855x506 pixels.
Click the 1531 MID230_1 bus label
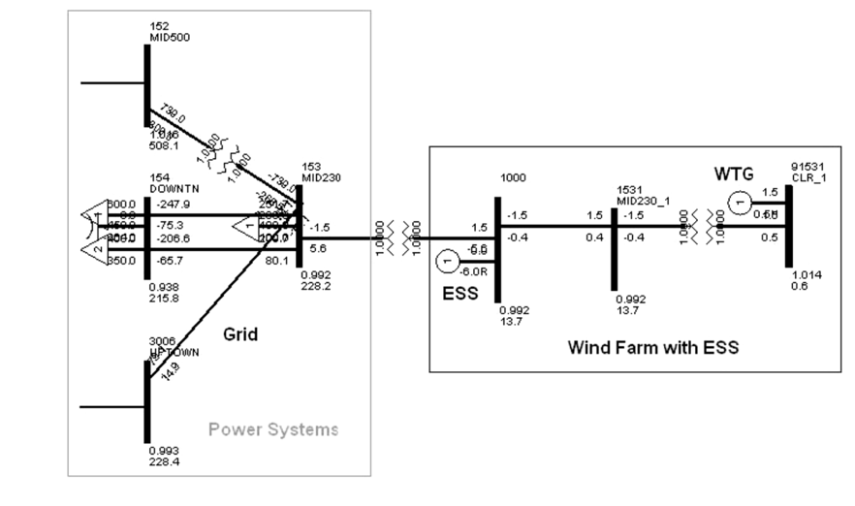[x=640, y=193]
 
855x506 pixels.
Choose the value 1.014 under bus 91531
[x=806, y=275]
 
